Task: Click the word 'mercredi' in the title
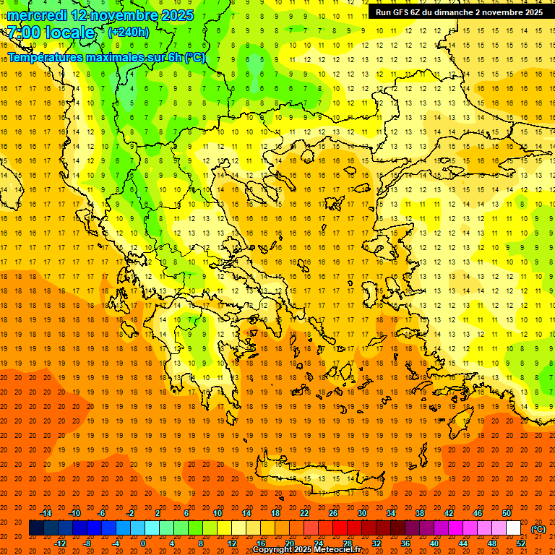tap(38, 15)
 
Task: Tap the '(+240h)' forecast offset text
tap(128, 32)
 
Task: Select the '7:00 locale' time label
tap(51, 33)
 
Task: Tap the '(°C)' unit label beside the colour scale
tap(538, 529)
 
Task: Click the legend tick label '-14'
tap(46, 513)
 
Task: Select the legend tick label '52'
tap(521, 543)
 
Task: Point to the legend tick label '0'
tap(143, 543)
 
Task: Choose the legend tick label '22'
tap(304, 513)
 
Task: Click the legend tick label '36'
tap(405, 543)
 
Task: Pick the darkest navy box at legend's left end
tap(36, 528)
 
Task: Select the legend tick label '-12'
tap(61, 543)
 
